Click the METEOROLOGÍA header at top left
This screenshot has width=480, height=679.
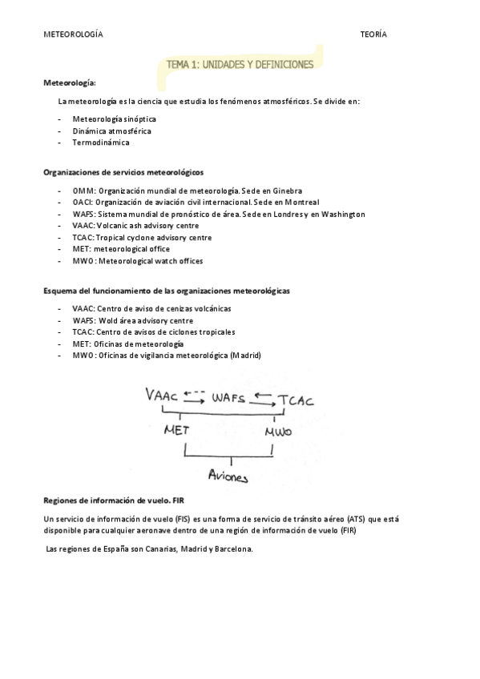pyautogui.click(x=73, y=35)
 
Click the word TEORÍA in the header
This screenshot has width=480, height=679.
pyautogui.click(x=373, y=35)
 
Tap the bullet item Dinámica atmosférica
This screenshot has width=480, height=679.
pyautogui.click(x=111, y=131)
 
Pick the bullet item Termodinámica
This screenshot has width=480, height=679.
pyautogui.click(x=100, y=143)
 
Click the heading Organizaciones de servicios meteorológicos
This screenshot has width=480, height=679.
pyautogui.click(x=123, y=171)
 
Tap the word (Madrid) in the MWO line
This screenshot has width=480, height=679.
pyautogui.click(x=245, y=355)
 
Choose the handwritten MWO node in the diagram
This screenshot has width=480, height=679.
pyautogui.click(x=278, y=432)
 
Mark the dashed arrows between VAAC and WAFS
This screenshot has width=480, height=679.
pyautogui.click(x=195, y=393)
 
